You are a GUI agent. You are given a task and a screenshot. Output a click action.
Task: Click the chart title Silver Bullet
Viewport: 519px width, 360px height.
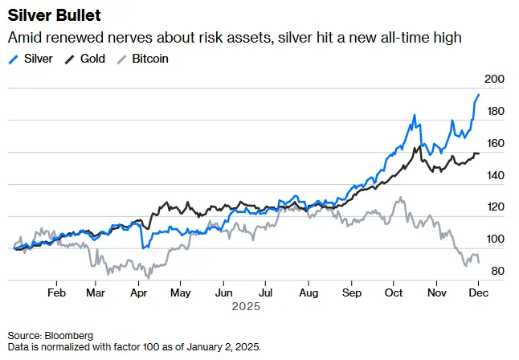pos(55,16)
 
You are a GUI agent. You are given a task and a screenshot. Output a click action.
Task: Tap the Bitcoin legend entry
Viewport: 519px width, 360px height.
pos(144,59)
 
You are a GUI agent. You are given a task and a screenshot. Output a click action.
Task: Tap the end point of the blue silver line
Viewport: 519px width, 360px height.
pos(479,95)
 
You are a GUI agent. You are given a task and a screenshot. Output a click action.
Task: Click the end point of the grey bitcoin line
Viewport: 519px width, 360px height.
pos(480,263)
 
